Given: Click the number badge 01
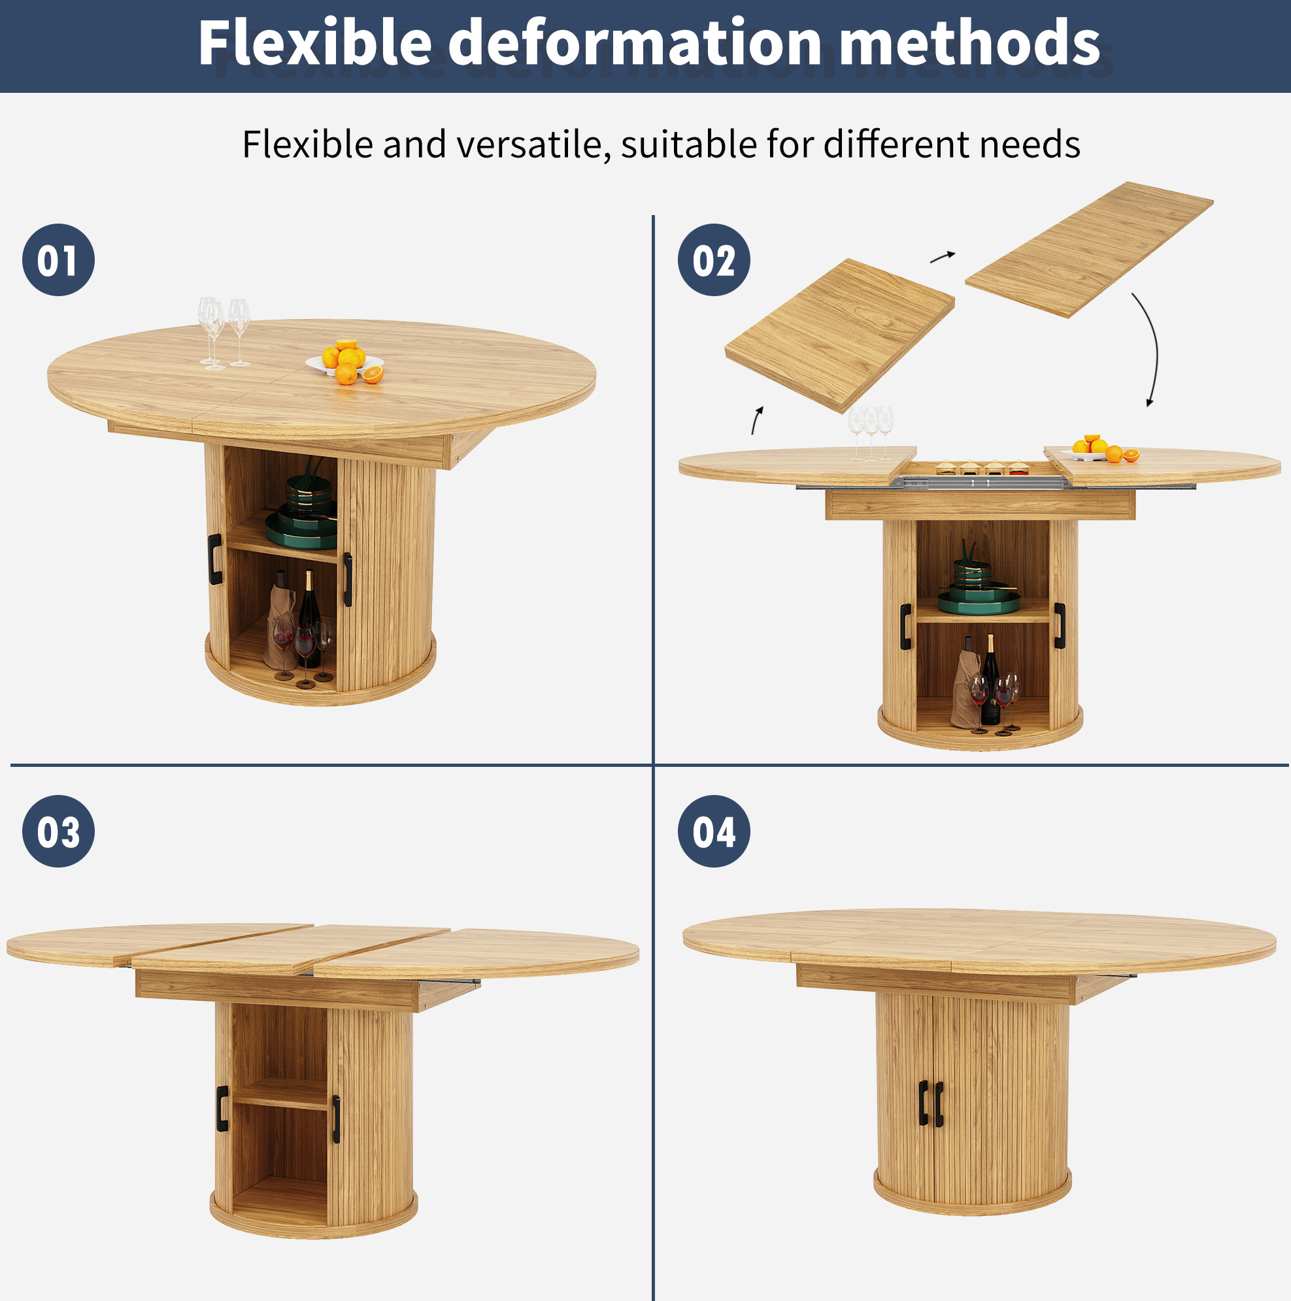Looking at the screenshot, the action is (x=59, y=260).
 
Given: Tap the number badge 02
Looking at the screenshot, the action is (x=714, y=260).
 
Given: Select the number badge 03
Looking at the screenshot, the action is (x=59, y=831).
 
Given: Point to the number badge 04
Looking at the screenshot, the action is (x=714, y=831).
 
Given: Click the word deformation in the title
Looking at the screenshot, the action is (x=635, y=42).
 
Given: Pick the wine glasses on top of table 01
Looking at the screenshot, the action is (x=224, y=333).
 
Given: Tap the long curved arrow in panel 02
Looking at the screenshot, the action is (x=1156, y=350).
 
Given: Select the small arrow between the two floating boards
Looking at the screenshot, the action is (x=943, y=256).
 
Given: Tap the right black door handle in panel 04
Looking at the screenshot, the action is (x=939, y=1103).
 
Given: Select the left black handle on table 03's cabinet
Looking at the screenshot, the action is (x=222, y=1108).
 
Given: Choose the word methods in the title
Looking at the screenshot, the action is (x=970, y=42).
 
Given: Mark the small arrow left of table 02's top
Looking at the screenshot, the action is (x=757, y=420).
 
